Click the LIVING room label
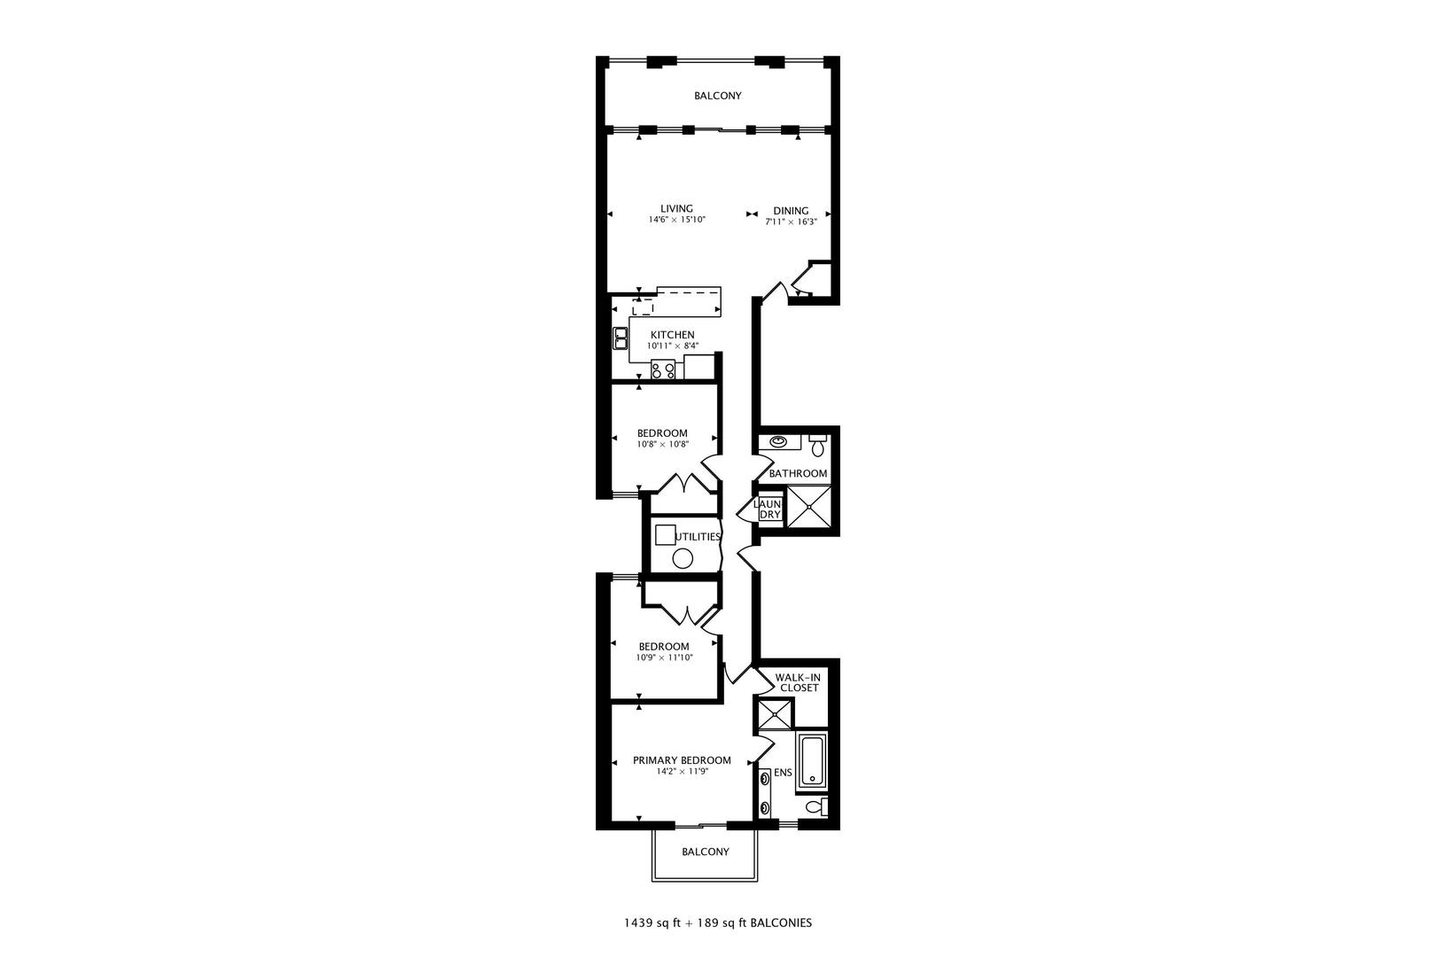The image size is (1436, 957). tap(676, 209)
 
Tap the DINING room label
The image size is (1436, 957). tap(791, 211)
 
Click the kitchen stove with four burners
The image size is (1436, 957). tap(663, 370)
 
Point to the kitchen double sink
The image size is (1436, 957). tap(620, 338)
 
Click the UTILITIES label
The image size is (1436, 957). tap(698, 537)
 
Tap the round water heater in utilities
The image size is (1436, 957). tap(683, 558)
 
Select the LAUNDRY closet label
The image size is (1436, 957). tap(768, 510)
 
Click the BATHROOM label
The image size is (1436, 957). tap(798, 474)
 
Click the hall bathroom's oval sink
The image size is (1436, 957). tap(778, 441)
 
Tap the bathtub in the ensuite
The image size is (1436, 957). tap(812, 761)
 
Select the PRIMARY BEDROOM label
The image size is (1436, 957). tap(682, 760)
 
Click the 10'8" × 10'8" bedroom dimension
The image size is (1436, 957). tap(662, 444)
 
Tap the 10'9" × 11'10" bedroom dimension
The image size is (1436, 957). tap(664, 657)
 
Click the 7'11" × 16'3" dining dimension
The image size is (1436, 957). tap(791, 222)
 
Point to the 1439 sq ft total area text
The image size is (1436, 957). tap(652, 922)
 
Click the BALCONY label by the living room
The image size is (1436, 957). tap(717, 96)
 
